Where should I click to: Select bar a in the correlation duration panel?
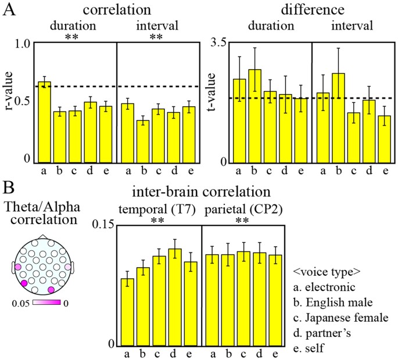pyautogui.click(x=44, y=122)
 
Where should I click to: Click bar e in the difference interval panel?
pyautogui.click(x=384, y=139)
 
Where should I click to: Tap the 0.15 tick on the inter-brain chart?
pyautogui.click(x=101, y=225)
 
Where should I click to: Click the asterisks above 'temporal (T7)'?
pyautogui.click(x=156, y=221)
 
